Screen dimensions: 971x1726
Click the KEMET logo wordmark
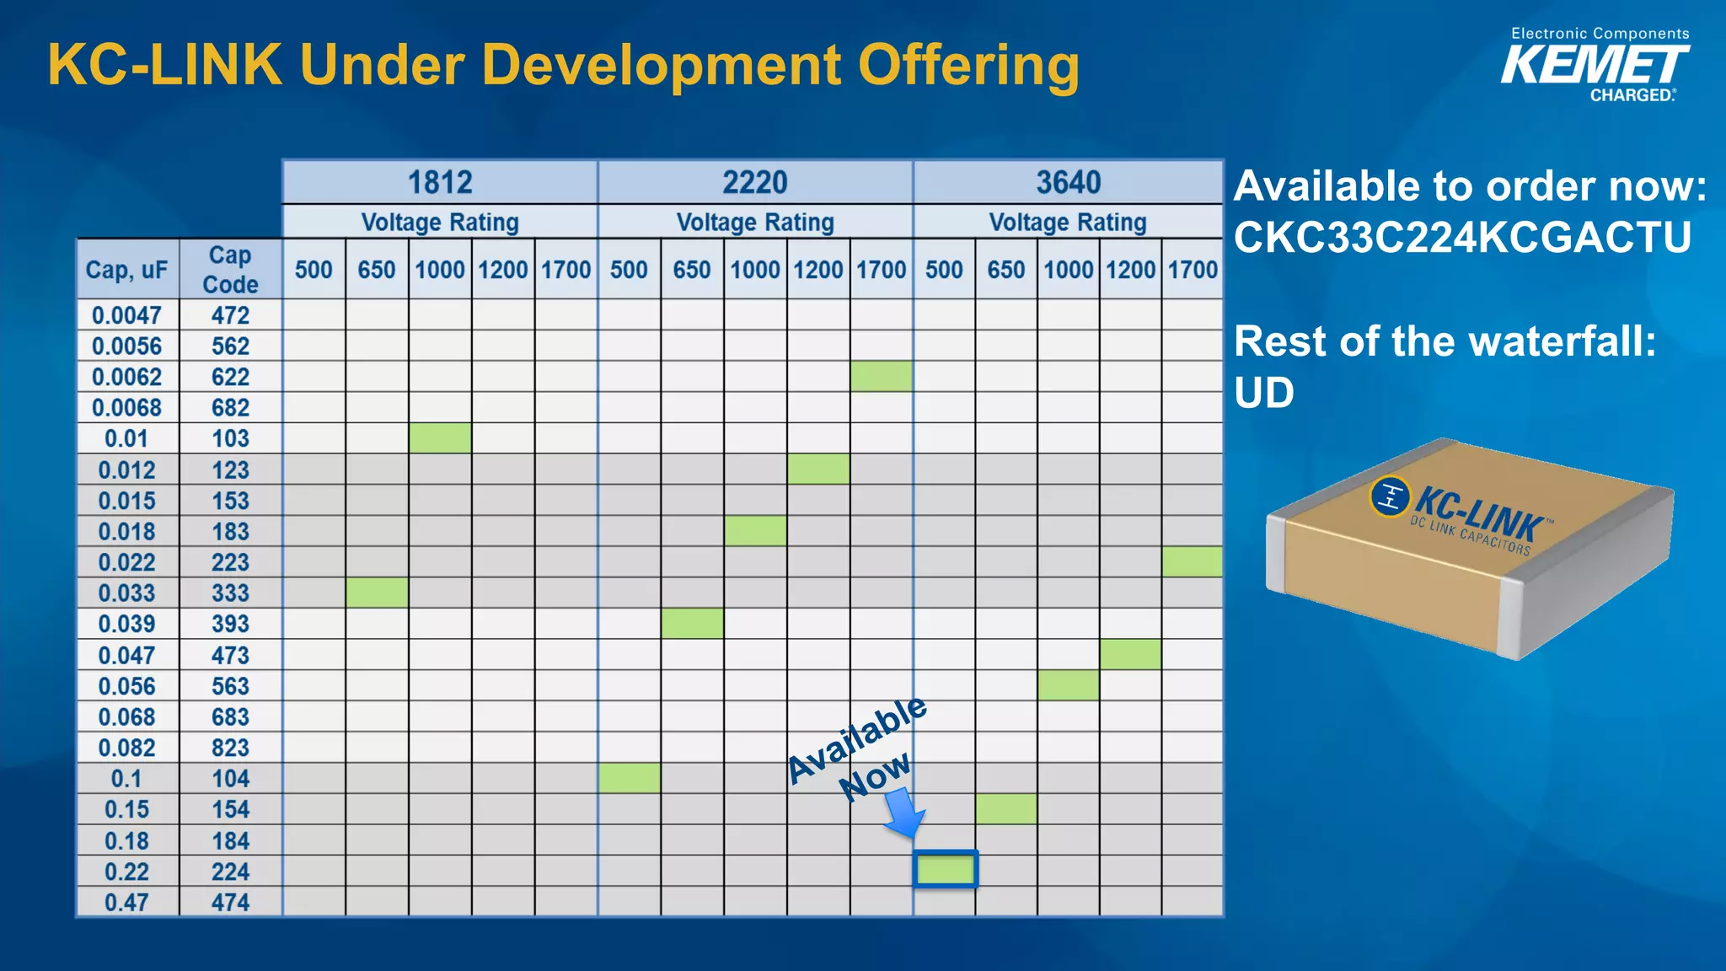[1595, 65]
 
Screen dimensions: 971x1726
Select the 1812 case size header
[440, 182]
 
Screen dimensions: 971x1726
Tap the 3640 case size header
[1068, 182]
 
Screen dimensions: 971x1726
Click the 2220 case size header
[755, 182]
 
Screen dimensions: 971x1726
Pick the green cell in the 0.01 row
[440, 438]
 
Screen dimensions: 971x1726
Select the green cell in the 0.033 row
[377, 593]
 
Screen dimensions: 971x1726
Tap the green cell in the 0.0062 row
[881, 377]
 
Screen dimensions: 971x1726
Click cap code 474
[230, 902]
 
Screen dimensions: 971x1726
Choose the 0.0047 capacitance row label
[126, 315]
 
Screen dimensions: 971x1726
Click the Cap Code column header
[230, 270]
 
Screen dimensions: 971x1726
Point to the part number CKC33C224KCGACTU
[1462, 237]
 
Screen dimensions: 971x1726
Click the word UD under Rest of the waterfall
[1263, 393]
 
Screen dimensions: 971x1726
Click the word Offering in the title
[968, 66]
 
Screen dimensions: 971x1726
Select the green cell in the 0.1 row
[629, 778]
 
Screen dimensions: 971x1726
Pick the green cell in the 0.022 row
[1193, 562]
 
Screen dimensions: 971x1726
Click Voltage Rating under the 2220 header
[755, 223]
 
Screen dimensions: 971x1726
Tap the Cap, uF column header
[126, 270]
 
